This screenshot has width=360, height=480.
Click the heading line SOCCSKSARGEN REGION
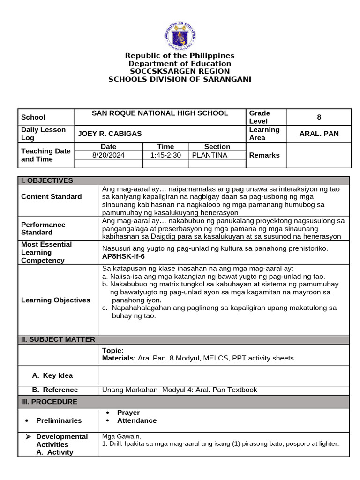[x=180, y=71]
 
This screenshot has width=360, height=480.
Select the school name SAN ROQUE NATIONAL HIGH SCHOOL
[x=160, y=113]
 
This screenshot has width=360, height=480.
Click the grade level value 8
[x=319, y=117]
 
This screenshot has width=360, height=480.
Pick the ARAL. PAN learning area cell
[x=319, y=134]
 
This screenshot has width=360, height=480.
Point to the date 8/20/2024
[x=108, y=155]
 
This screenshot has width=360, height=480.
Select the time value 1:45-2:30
[x=165, y=155]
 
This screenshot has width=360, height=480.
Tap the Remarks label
[x=264, y=155]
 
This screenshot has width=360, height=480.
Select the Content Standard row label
[x=52, y=196]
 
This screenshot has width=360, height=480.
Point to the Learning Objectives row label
[x=56, y=300]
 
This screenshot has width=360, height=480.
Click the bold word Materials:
[x=119, y=358]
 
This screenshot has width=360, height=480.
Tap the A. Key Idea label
[x=52, y=375]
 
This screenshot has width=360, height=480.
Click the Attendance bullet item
[x=137, y=420]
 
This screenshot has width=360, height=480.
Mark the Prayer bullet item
[x=128, y=412]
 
